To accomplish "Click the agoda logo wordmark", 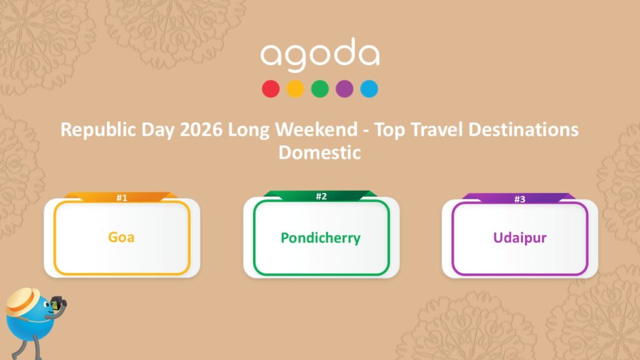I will tap(319, 56).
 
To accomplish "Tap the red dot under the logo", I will tap(271, 89).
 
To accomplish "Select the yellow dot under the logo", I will tap(295, 89).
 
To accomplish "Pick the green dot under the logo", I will tap(320, 89).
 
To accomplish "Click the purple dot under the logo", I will tap(344, 89).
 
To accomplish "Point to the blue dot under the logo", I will tap(369, 89).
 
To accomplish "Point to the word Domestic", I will tap(319, 152).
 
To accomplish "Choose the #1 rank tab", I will tap(122, 197).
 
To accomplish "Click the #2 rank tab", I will tap(321, 196).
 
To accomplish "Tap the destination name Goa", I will tap(121, 237).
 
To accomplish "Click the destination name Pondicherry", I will tap(321, 238).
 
